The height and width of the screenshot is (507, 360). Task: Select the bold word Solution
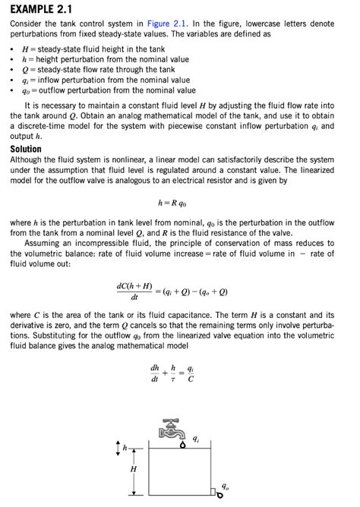(x=26, y=150)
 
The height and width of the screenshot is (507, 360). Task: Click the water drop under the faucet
(x=182, y=446)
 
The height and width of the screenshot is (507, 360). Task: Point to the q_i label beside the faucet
(x=197, y=439)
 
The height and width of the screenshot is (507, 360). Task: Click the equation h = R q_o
(x=172, y=203)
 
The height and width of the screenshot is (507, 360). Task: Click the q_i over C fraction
(x=191, y=374)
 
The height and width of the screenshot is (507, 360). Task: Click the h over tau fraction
(x=173, y=374)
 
